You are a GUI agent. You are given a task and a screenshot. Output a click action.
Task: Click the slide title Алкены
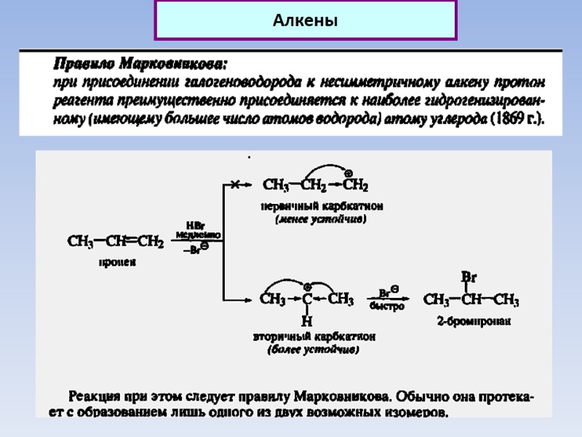305,21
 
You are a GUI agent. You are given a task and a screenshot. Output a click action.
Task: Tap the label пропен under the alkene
117,263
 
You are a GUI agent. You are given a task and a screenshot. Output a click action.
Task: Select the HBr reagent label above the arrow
196,225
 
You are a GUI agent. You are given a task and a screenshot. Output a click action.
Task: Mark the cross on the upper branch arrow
234,186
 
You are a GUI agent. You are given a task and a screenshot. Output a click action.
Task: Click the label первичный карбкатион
322,206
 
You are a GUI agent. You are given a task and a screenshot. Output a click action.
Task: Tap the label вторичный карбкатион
314,337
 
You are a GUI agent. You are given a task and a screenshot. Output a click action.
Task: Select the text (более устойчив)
314,350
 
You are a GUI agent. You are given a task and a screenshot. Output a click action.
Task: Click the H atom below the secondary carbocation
306,320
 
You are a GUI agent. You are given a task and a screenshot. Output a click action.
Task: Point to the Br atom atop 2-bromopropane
469,277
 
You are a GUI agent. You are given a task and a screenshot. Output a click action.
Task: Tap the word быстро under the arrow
387,307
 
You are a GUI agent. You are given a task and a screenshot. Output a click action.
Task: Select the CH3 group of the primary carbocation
276,186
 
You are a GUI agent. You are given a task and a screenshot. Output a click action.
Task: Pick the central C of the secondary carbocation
307,299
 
